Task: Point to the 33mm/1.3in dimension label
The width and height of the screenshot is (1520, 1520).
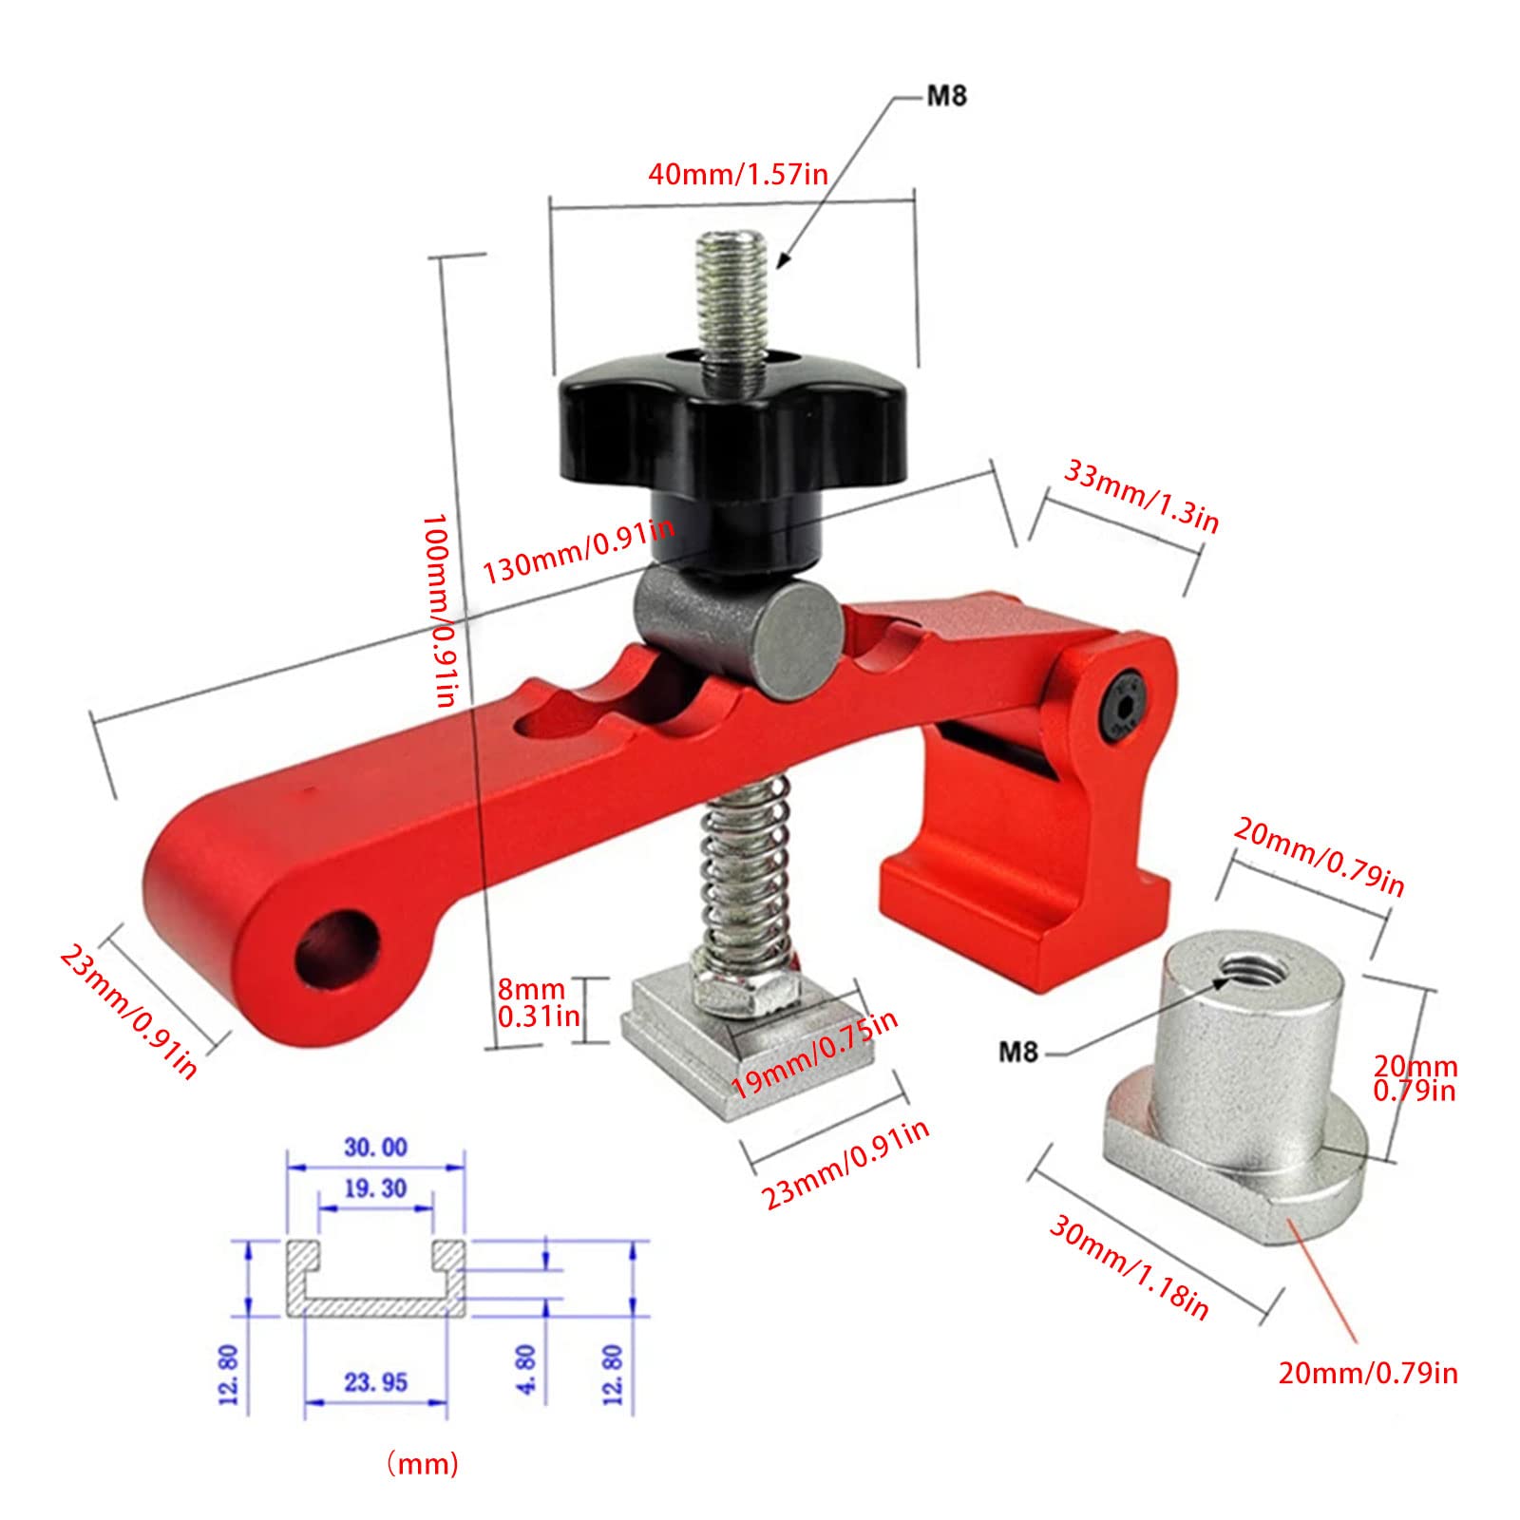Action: (x=1141, y=496)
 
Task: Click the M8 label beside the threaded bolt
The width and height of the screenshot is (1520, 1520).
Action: (x=946, y=96)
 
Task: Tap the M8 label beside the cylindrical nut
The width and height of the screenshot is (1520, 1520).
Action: (x=1018, y=1052)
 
